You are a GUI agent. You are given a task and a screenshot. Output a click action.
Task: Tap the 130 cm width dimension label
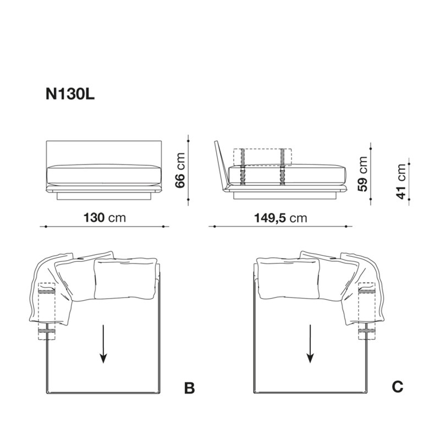[x=105, y=217]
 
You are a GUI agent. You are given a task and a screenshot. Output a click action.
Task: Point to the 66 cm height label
[x=180, y=170]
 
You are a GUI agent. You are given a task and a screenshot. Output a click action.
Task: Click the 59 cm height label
[x=362, y=173]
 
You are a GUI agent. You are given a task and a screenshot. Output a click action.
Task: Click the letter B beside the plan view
[x=189, y=388]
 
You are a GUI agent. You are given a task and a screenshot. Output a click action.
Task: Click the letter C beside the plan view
[x=398, y=387]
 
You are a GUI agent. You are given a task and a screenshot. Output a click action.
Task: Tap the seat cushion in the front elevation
[x=105, y=175]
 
